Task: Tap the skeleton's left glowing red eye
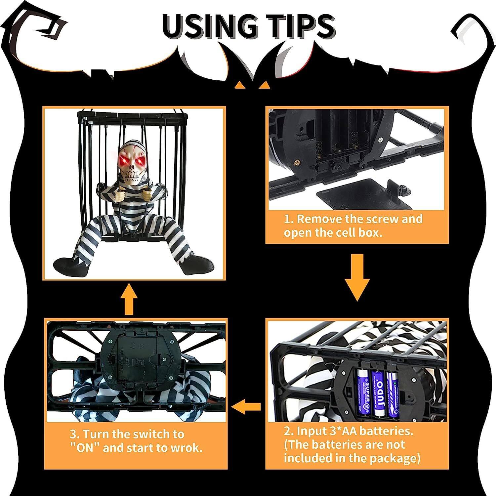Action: [x=124, y=162]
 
